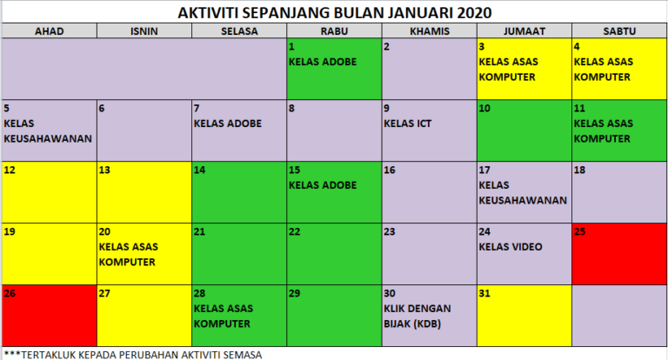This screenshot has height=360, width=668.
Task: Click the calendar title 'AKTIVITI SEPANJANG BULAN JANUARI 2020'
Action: pos(334,12)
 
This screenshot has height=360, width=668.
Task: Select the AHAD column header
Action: pos(49,31)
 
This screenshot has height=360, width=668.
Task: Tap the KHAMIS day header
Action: pos(428,31)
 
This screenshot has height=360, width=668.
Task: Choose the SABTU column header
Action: pos(618,31)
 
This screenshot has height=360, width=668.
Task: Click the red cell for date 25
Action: pos(618,253)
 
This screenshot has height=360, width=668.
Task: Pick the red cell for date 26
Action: pos(49,314)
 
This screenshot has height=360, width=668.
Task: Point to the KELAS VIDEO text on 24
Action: pos(511,247)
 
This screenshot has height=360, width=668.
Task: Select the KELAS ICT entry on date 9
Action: pos(407,123)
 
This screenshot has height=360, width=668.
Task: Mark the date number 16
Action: pos(390,170)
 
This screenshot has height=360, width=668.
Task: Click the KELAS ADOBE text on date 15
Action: pos(323,185)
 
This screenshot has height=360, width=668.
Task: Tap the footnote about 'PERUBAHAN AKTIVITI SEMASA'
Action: pos(132,354)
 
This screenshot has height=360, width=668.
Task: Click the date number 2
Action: pos(386,46)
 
